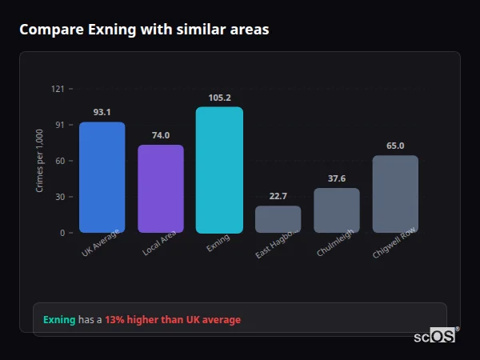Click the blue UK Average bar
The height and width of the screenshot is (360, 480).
click(102, 177)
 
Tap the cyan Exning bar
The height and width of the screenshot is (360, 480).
click(219, 170)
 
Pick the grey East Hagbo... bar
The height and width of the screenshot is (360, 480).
click(278, 219)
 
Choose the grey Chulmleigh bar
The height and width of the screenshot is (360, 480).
click(337, 210)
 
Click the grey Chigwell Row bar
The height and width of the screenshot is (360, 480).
click(395, 194)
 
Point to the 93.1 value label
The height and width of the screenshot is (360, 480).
click(102, 113)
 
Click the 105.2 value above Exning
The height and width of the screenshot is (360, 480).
click(219, 98)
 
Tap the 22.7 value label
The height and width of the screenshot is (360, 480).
click(278, 196)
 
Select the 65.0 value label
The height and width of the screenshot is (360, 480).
click(395, 146)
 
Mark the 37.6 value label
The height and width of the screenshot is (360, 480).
click(337, 178)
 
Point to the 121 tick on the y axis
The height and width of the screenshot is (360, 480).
click(58, 89)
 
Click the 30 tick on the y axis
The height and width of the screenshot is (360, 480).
click(59, 197)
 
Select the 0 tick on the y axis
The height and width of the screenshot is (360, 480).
click(62, 233)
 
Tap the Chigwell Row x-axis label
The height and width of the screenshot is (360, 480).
click(394, 242)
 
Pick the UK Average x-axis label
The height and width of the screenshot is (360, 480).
click(101, 243)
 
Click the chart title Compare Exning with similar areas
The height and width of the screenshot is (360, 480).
click(144, 30)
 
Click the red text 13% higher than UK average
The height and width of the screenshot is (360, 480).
click(172, 320)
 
